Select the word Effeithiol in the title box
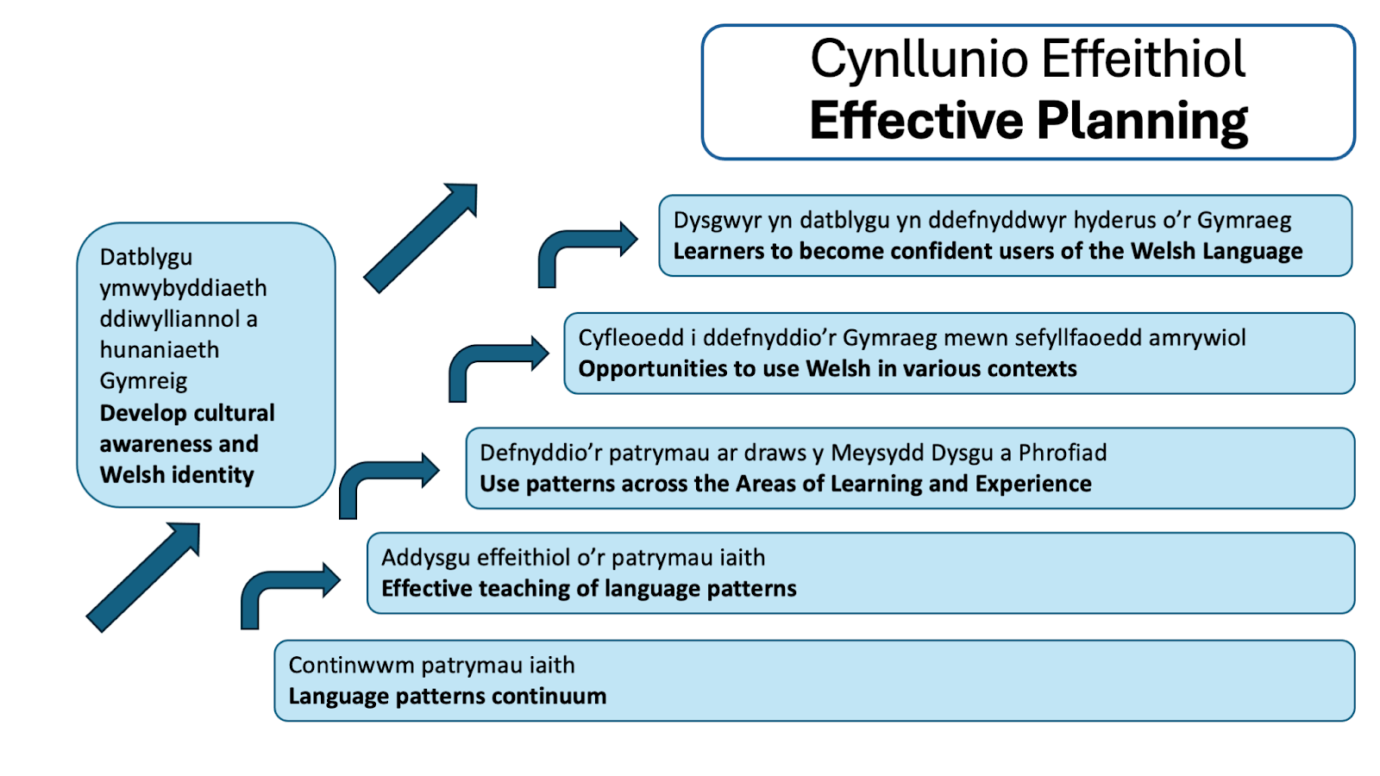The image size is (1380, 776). (x=1144, y=59)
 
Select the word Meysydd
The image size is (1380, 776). (x=870, y=453)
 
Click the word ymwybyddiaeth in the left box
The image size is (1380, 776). (x=183, y=288)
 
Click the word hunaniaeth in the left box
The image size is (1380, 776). (x=160, y=350)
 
